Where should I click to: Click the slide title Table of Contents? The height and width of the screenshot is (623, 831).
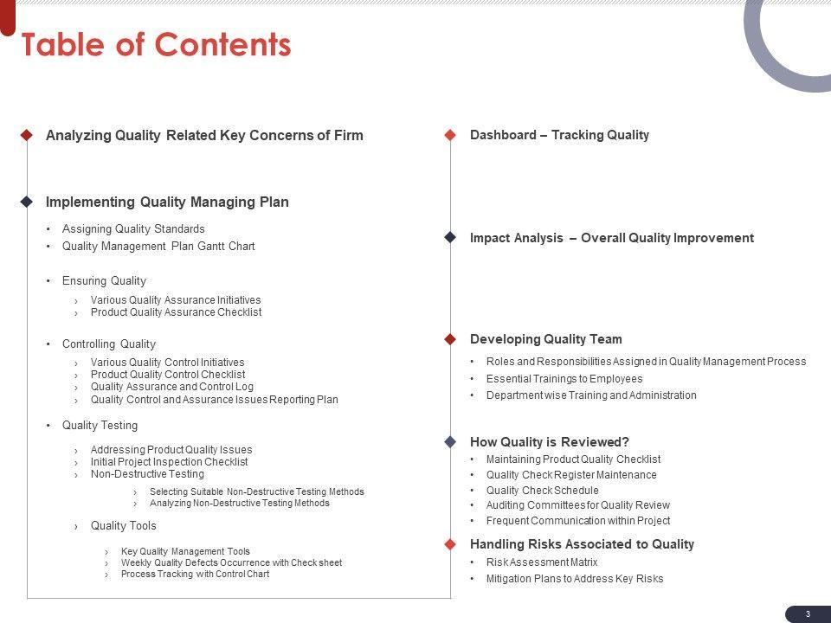(156, 45)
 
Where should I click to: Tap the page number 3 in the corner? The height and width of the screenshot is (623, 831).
(808, 613)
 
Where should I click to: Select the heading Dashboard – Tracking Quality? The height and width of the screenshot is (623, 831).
(559, 135)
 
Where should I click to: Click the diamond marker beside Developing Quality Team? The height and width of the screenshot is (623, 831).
(450, 339)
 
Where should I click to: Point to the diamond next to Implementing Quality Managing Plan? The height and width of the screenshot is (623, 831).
(27, 202)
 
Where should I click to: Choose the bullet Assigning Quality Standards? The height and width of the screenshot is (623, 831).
(133, 229)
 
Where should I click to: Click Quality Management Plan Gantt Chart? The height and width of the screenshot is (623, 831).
(158, 247)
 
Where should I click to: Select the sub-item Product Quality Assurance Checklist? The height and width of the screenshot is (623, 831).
(176, 312)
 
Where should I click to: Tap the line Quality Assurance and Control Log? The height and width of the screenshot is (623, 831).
(171, 387)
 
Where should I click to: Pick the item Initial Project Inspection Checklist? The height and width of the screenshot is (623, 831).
(169, 462)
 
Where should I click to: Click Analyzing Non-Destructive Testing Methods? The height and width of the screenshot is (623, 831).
(239, 503)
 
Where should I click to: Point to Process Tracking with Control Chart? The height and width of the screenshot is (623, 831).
(195, 574)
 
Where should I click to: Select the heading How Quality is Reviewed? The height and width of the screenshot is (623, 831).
(549, 441)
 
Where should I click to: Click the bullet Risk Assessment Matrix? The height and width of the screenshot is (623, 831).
(541, 562)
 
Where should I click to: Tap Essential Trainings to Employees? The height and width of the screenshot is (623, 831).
(564, 379)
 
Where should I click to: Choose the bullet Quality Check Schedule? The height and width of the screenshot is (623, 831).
(542, 491)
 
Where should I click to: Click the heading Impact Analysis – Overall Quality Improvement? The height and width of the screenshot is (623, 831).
(611, 238)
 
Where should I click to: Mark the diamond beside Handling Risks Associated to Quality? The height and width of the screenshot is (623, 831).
(450, 544)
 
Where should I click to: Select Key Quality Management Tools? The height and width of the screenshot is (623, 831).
(185, 551)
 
